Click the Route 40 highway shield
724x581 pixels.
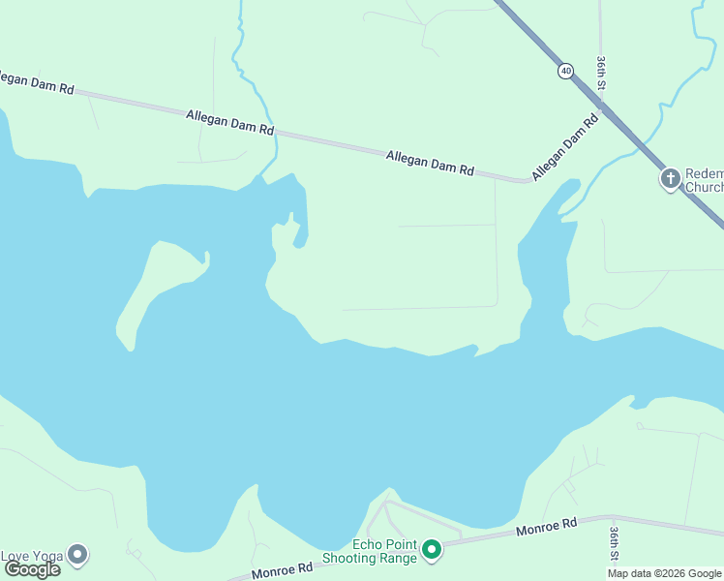click(x=565, y=71)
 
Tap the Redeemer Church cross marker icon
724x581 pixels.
click(x=670, y=178)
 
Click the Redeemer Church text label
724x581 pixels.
click(x=704, y=180)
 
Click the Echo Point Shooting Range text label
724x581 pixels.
click(x=371, y=551)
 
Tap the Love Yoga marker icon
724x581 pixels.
click(x=77, y=555)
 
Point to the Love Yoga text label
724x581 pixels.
click(x=32, y=556)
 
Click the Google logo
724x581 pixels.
click(x=32, y=569)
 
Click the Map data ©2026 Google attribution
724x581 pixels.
click(x=664, y=573)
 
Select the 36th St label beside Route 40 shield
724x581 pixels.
click(x=601, y=74)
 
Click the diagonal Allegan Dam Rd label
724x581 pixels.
click(x=565, y=147)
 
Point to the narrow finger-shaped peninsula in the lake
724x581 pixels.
click(x=155, y=286)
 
